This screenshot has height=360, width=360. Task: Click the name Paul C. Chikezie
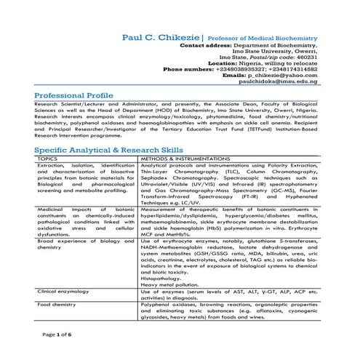pyautogui.click(x=161, y=36)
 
